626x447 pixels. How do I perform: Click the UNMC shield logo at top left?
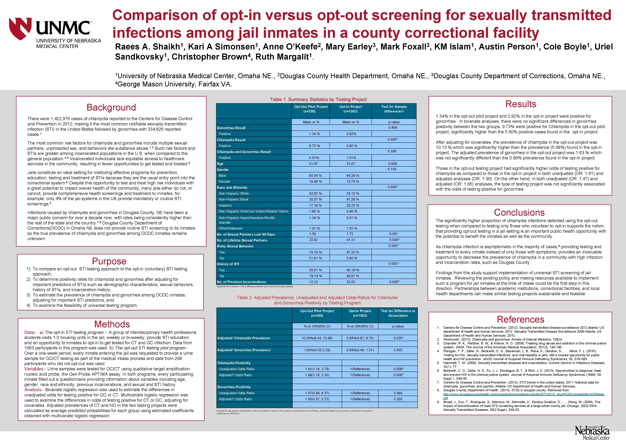(20, 28)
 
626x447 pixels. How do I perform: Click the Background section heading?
(111, 107)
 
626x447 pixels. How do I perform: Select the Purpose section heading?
(109, 261)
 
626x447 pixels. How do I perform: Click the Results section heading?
(521, 104)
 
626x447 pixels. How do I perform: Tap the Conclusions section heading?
(519, 212)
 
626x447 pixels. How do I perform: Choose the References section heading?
(520, 319)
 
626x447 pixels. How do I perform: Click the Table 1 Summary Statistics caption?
(318, 99)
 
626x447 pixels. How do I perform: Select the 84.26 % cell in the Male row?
(351, 176)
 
